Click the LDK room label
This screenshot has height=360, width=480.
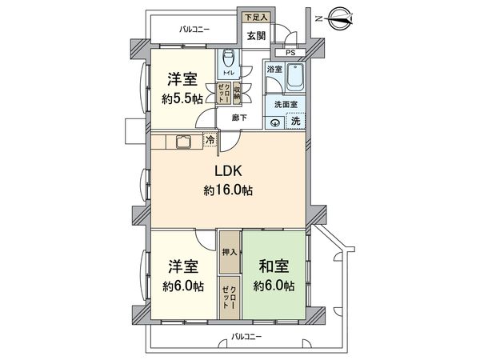[228, 172]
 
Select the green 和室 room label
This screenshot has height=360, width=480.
[273, 266]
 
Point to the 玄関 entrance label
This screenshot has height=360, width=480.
[256, 36]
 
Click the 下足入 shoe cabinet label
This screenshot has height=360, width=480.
[255, 16]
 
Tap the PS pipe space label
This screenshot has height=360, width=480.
[290, 54]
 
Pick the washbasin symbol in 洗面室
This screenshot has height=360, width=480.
[275, 122]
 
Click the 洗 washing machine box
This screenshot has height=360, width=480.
[296, 121]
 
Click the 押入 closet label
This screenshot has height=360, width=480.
[230, 251]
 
